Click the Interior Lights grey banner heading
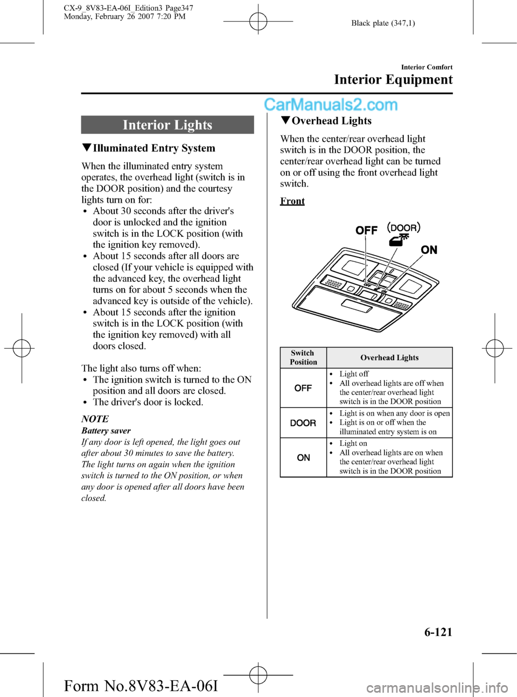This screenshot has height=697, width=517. tap(167, 125)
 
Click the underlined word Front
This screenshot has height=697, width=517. tap(292, 201)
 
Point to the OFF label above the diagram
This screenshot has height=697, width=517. tap(366, 230)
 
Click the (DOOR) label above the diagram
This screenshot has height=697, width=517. tap(404, 227)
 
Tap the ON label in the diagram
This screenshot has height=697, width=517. tap(429, 250)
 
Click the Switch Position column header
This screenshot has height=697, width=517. tap(303, 357)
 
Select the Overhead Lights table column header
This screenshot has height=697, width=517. tap(389, 357)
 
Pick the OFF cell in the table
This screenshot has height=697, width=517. tap(303, 388)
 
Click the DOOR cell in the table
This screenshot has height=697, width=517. tap(303, 423)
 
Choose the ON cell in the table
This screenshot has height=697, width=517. tap(303, 458)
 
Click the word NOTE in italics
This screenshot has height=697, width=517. tap(95, 419)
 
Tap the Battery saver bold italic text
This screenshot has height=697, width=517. tap(106, 431)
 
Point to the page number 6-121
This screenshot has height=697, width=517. tap(438, 632)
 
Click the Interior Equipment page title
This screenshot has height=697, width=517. tap(393, 80)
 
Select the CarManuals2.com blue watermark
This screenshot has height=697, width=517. tap(331, 105)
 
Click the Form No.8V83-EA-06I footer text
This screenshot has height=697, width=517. tap(141, 686)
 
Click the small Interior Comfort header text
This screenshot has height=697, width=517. tap(427, 67)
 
